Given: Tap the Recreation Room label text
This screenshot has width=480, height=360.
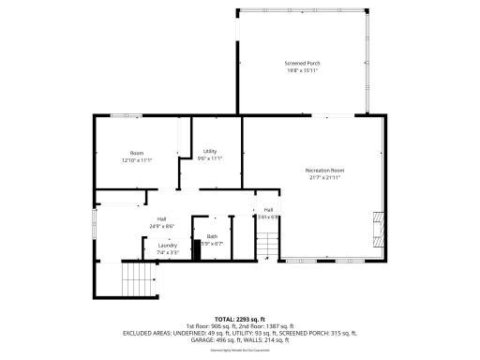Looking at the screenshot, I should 324,170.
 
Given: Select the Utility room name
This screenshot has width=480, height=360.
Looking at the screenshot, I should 210,151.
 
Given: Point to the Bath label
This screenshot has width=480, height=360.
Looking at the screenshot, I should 212,236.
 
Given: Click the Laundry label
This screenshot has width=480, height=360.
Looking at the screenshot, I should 167,246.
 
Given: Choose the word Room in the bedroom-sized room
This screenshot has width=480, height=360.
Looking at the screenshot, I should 137,153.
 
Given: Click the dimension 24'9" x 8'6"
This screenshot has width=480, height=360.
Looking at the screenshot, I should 162,226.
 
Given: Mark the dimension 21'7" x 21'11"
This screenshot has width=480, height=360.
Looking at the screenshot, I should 324,177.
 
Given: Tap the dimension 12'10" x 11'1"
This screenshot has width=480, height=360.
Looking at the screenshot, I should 137,160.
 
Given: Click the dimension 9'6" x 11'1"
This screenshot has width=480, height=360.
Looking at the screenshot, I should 210,158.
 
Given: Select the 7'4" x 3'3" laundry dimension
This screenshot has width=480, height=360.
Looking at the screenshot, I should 167,252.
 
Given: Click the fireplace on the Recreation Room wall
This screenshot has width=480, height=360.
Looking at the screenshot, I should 377,226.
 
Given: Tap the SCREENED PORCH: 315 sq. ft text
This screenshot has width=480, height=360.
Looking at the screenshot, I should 315,332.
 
